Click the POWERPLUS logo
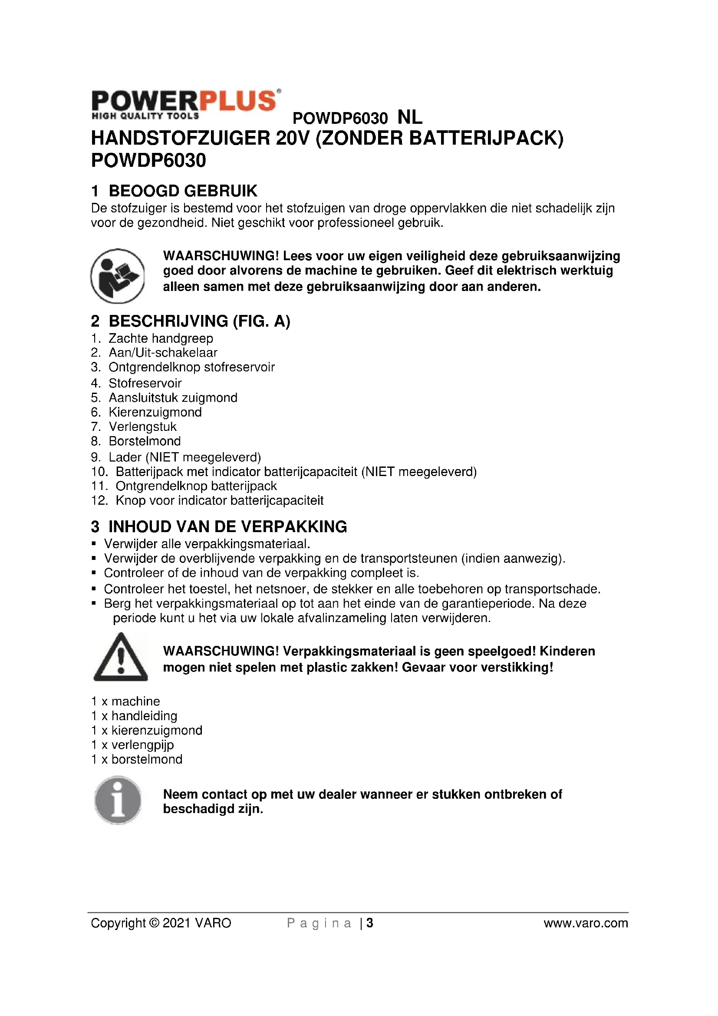[185, 104]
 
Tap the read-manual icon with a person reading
[118, 276]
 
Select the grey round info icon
[118, 800]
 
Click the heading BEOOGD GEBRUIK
[183, 191]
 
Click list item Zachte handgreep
[161, 338]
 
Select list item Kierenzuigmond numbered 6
[155, 412]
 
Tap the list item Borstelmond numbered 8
[145, 441]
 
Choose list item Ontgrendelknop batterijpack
[196, 486]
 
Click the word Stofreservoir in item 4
[145, 383]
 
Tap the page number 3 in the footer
[370, 923]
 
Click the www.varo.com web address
[585, 923]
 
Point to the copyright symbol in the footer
[154, 923]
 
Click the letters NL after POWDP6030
[410, 118]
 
